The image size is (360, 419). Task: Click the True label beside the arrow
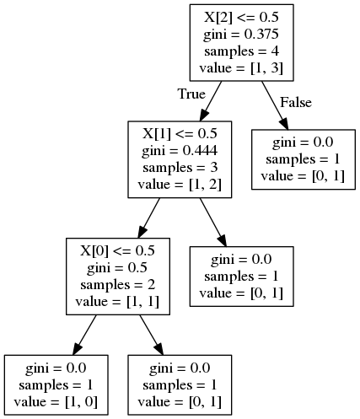click(x=192, y=94)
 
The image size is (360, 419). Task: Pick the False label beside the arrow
click(x=295, y=103)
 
